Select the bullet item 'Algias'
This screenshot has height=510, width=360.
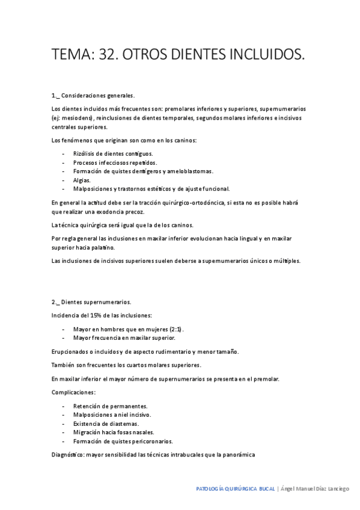82,180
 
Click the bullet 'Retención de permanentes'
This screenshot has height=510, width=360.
110,406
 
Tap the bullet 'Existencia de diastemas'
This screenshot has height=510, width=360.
106,423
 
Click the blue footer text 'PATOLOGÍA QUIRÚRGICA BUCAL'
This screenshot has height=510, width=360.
235,489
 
